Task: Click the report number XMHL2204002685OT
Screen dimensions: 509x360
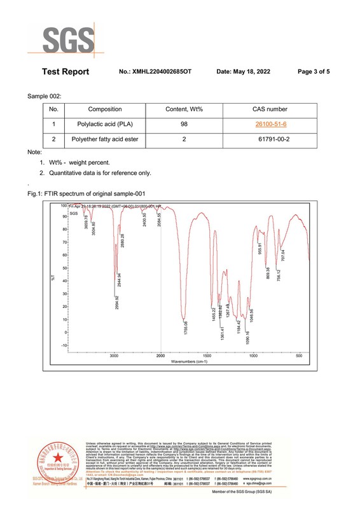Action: (x=155, y=72)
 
